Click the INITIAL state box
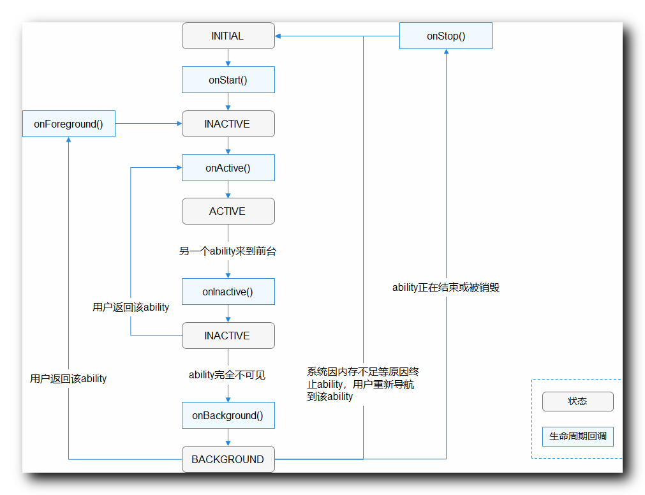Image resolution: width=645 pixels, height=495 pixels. point(228,36)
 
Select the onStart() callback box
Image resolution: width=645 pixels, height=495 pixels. point(228,80)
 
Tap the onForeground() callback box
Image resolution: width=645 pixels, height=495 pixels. point(68,124)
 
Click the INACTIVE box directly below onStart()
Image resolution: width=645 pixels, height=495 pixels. point(228,124)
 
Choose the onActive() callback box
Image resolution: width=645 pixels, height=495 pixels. point(228,168)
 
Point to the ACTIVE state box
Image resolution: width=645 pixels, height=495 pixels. point(228,211)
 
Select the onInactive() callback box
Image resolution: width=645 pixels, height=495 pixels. point(228,292)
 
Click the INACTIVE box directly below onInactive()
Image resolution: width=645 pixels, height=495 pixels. point(228,336)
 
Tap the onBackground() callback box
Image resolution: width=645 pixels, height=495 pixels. point(228,415)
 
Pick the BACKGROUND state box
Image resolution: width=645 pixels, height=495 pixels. point(228,459)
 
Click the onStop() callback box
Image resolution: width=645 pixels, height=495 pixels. point(445,36)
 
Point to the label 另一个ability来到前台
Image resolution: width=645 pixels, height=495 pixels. point(228,251)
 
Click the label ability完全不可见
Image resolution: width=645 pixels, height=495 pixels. point(227,375)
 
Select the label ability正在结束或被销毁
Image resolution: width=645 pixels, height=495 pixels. point(445,288)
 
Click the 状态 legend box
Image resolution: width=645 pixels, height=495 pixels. point(577,401)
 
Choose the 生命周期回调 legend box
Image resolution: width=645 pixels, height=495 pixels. point(577,437)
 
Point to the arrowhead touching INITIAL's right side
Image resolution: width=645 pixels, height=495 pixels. point(279,36)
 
